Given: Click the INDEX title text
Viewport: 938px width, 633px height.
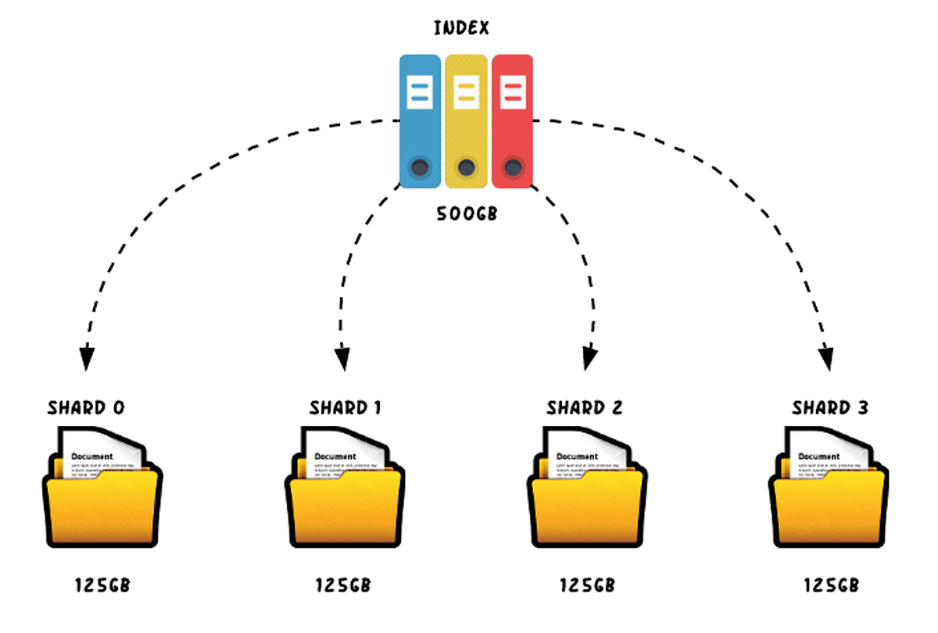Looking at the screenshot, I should point(461,29).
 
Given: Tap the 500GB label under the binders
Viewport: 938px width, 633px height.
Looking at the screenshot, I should point(467,213).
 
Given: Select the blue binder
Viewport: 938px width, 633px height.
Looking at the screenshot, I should point(421,121).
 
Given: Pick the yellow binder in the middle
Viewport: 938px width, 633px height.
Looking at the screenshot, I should point(466,121).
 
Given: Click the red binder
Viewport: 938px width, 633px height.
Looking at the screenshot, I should point(512,121).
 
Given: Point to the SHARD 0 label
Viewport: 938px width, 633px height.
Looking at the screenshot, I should point(86,408).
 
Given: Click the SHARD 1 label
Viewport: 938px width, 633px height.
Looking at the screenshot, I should point(345,408).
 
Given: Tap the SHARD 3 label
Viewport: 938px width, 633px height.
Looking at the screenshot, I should point(830,408).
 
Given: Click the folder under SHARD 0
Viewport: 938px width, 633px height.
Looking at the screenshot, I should point(102,500).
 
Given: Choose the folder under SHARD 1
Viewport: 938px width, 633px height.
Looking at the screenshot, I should point(345,500).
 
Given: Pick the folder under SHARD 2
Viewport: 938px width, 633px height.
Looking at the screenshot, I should point(588,500).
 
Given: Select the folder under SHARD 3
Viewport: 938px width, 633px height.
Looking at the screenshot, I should point(830,500).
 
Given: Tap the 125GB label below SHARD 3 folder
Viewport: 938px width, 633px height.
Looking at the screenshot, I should point(832,585).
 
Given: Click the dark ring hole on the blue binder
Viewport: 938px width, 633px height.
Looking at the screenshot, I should point(420,166).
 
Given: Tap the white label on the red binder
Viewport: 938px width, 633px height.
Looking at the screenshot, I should point(512,91).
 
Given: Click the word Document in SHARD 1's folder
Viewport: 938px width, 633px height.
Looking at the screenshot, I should point(335,456).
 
